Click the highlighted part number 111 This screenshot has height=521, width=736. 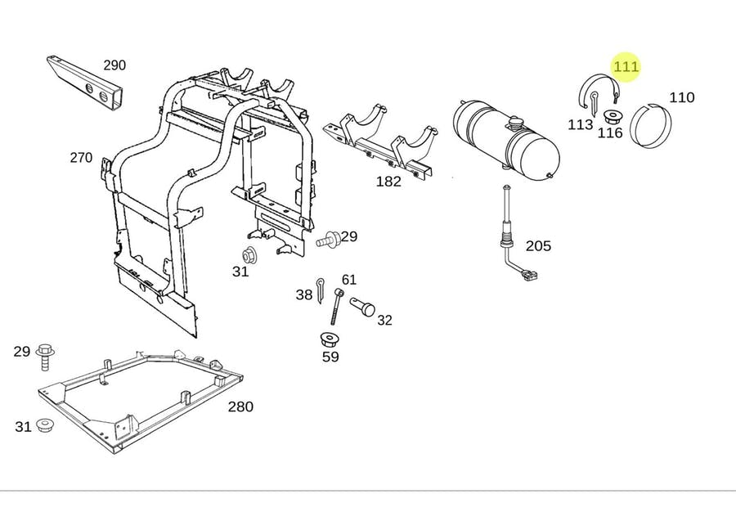pyautogui.click(x=626, y=66)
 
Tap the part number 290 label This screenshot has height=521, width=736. pyautogui.click(x=114, y=65)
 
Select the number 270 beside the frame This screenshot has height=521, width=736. pyautogui.click(x=81, y=158)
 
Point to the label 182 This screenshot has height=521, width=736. pyautogui.click(x=388, y=182)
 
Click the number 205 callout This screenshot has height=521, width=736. pyautogui.click(x=538, y=245)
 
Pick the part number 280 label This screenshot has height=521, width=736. pyautogui.click(x=240, y=406)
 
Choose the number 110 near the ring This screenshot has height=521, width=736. pyautogui.click(x=681, y=98)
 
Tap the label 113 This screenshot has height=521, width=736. pyautogui.click(x=580, y=125)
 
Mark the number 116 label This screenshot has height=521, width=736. pyautogui.click(x=610, y=133)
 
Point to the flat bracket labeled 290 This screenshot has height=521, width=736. pyautogui.click(x=86, y=82)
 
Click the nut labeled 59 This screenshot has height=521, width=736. pyautogui.click(x=330, y=339)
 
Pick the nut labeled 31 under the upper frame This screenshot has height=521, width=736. pyautogui.click(x=251, y=254)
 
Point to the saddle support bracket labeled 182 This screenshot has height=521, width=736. pyautogui.click(x=384, y=141)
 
